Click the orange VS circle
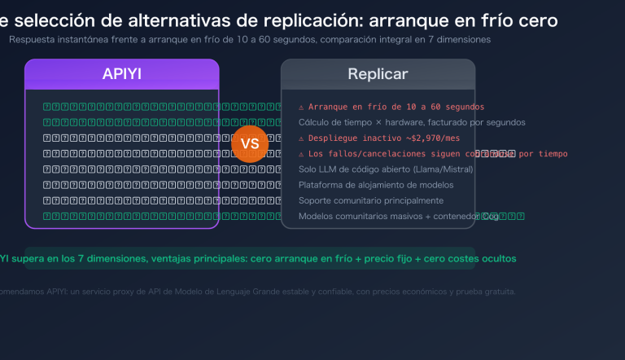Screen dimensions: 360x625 (250, 144)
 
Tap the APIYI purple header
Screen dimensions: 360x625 (122, 74)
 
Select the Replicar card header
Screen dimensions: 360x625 (378, 74)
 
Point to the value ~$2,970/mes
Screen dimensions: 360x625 (432, 138)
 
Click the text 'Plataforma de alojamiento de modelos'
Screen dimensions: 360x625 (376, 185)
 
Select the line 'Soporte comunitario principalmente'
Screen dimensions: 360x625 (370, 200)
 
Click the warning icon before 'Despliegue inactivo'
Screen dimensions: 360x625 (301, 138)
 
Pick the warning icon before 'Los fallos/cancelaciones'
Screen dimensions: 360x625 (301, 154)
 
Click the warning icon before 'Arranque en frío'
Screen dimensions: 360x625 (301, 107)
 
